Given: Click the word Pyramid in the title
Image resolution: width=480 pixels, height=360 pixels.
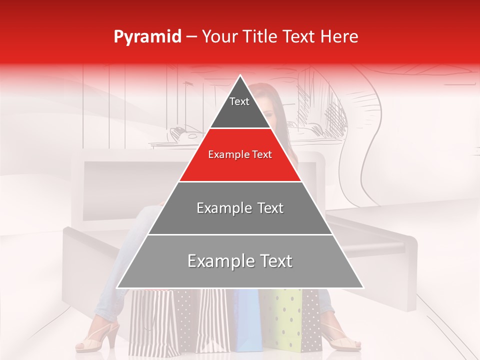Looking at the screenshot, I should [x=147, y=37].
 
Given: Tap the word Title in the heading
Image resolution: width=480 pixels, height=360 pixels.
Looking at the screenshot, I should [x=261, y=37].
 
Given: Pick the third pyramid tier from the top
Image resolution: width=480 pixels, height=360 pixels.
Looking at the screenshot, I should [x=240, y=208].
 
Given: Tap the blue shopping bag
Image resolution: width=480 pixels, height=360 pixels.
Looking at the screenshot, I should [x=247, y=320].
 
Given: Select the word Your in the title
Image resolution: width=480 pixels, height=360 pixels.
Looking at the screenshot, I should [x=218, y=37].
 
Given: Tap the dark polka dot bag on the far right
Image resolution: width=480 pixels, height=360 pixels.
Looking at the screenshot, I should [x=311, y=320].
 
